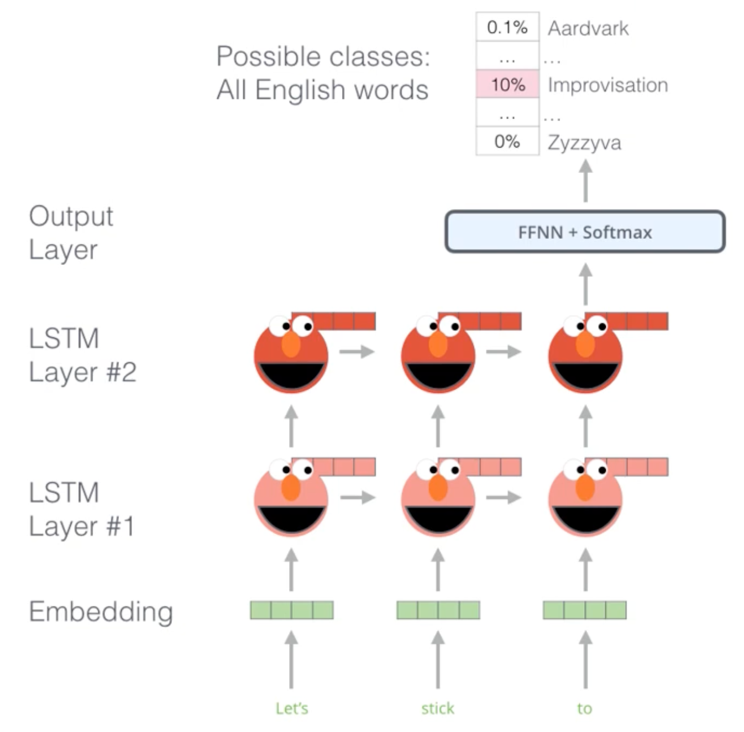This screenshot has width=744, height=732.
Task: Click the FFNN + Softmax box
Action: (x=585, y=232)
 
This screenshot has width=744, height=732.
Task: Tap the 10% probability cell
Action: (x=507, y=85)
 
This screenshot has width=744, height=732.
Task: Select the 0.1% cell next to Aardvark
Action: (x=507, y=27)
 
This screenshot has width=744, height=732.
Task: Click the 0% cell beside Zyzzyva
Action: (x=507, y=142)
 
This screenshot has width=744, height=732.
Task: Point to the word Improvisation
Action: (x=607, y=85)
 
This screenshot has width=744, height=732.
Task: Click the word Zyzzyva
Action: (x=584, y=143)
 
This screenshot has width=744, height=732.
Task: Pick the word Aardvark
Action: (x=588, y=28)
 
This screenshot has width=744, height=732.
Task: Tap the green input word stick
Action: (x=438, y=708)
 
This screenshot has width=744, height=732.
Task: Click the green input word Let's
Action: (x=292, y=708)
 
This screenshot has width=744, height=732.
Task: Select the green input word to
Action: (x=584, y=708)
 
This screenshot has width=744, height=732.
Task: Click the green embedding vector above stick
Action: (x=438, y=610)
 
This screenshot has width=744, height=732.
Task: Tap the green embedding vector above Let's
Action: (x=292, y=610)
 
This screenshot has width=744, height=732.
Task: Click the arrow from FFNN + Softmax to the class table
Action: (x=585, y=181)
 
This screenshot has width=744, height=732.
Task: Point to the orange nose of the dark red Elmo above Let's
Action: (x=291, y=344)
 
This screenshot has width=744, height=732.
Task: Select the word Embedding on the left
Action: (x=101, y=611)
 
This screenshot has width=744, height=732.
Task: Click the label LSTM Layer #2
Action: (x=82, y=355)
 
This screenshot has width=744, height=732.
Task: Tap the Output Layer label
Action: (x=71, y=232)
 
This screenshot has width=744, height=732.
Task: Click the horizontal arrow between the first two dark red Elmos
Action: (x=357, y=351)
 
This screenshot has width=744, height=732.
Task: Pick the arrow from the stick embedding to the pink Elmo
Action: (x=438, y=569)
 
